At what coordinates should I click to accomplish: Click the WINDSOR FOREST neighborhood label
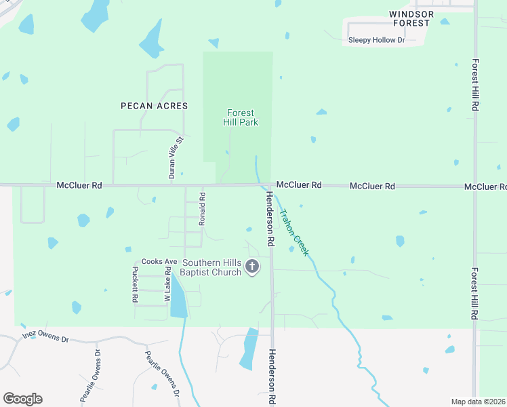tap(410, 18)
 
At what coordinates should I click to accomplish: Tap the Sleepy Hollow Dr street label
tap(376, 40)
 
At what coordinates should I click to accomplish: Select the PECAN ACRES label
tap(154, 106)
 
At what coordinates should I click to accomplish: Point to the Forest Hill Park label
tap(241, 118)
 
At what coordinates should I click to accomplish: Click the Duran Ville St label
tap(176, 157)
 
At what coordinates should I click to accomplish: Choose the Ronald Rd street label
tap(201, 208)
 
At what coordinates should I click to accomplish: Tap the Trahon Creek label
tap(294, 231)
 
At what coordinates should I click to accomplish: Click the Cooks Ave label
tap(159, 262)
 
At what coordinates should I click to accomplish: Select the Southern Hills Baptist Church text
tap(211, 267)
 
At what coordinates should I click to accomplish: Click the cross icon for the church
tap(252, 267)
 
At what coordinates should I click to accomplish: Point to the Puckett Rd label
tap(135, 284)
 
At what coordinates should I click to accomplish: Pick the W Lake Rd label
tap(167, 285)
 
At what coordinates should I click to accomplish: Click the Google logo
tap(22, 399)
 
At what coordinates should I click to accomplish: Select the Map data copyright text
tap(479, 402)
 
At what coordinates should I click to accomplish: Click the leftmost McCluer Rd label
tap(79, 185)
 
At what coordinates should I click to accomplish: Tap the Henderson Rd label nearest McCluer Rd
tap(270, 218)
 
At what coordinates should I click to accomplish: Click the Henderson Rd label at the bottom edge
tap(271, 377)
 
